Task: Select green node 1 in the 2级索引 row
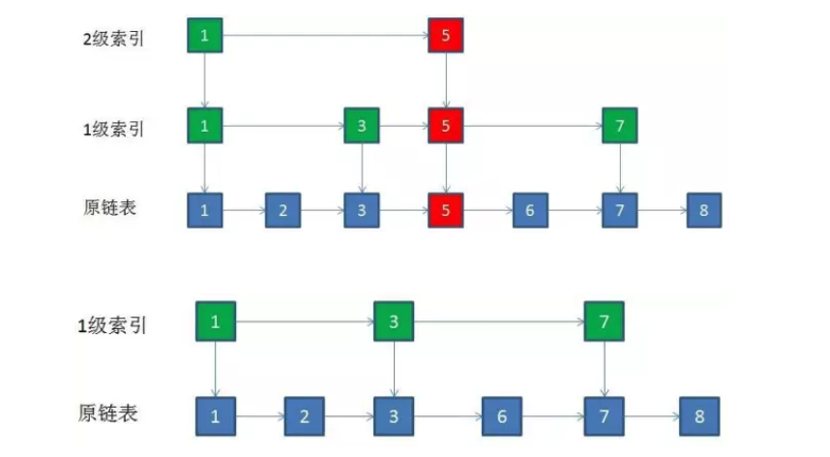tap(205, 36)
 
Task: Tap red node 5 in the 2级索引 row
tap(446, 36)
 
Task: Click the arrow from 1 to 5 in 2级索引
tap(325, 36)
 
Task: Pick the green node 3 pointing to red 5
tap(362, 126)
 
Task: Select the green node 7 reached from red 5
tap(620, 126)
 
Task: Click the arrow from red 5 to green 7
tap(532, 126)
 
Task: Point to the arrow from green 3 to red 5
tap(403, 126)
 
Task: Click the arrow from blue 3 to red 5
tap(403, 209)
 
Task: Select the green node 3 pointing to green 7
tap(394, 321)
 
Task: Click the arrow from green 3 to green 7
tap(498, 321)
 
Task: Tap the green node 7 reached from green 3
tap(604, 321)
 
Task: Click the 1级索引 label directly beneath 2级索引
tap(114, 127)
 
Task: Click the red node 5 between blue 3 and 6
tap(446, 209)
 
